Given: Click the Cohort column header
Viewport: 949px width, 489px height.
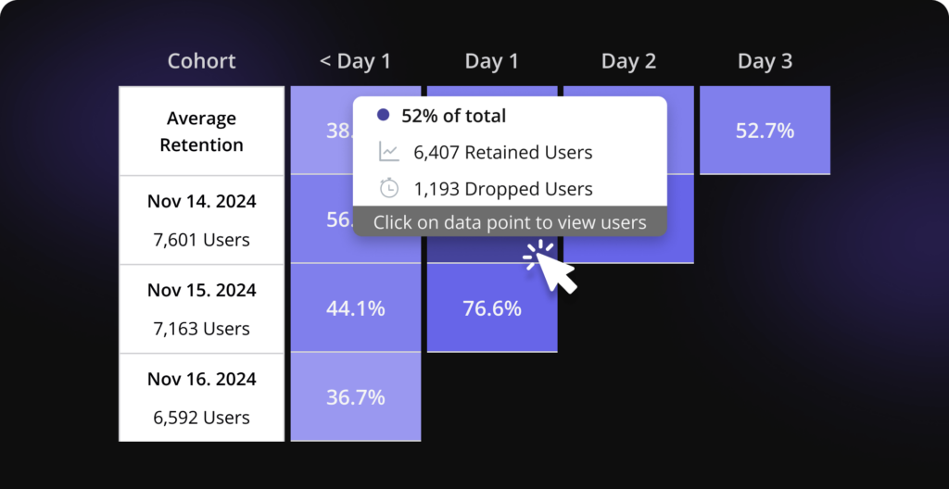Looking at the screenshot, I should (x=201, y=62).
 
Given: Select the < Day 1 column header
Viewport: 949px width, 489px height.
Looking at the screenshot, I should (x=355, y=62).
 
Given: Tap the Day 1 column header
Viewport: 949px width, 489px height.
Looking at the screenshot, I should (x=491, y=62).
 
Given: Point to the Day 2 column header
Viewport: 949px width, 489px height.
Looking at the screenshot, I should (x=628, y=62).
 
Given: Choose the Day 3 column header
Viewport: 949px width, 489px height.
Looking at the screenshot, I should (x=765, y=62).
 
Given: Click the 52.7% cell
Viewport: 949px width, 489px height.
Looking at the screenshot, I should (x=765, y=131).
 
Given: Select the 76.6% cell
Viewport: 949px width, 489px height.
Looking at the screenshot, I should (x=491, y=308).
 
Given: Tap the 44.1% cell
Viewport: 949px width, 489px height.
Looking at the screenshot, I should (x=355, y=308).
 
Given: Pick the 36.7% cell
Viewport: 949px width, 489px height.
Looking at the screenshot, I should (x=355, y=397).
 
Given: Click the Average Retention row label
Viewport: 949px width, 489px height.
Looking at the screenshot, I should (x=201, y=132).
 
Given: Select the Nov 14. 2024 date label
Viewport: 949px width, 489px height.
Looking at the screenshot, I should (x=201, y=201).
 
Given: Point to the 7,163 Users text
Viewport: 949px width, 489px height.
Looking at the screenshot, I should (x=201, y=329).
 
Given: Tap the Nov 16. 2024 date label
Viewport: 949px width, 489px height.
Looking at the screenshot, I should (x=201, y=379).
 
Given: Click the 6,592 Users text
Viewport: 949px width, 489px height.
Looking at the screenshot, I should (x=201, y=418).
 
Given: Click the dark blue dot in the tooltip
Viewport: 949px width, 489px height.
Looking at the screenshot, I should (x=383, y=116).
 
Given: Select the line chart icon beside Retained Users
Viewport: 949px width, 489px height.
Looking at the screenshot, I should (x=389, y=152).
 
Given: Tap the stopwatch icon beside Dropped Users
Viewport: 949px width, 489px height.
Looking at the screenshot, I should (x=389, y=188).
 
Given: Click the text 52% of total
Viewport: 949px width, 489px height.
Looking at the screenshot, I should (x=453, y=116).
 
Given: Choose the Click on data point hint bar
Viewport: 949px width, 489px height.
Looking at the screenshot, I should (x=510, y=222).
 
